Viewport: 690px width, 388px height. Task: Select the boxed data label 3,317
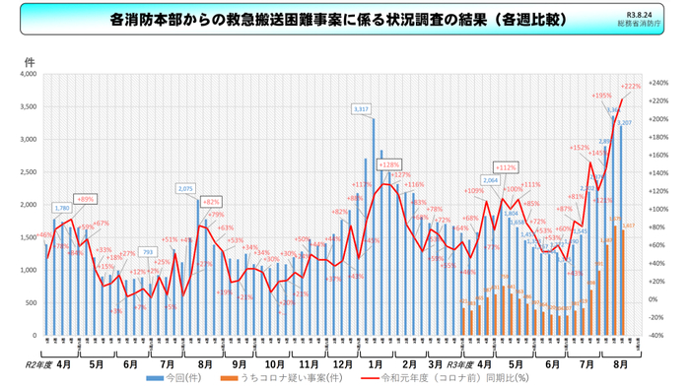361,108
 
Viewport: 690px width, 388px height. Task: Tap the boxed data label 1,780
61,208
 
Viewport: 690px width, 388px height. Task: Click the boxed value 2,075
185,188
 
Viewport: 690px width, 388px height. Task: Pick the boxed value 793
147,252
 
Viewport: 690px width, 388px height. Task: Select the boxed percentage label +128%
388,164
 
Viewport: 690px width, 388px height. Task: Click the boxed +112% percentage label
506,167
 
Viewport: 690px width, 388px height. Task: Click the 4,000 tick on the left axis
28,74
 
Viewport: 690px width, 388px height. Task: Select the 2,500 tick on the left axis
28,172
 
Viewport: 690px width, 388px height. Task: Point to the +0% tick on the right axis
656,299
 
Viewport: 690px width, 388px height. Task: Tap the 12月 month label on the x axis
343,363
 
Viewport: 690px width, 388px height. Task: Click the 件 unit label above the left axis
30,61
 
